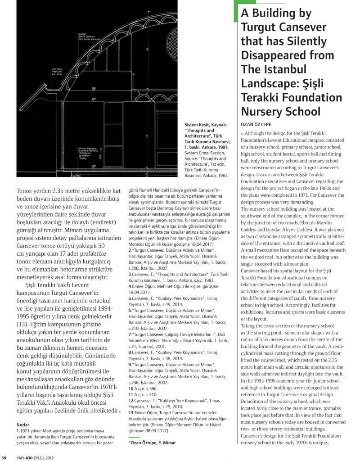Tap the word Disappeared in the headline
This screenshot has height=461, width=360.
[288, 55]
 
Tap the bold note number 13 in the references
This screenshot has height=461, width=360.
[131, 412]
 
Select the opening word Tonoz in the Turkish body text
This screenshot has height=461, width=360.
[26, 191]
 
